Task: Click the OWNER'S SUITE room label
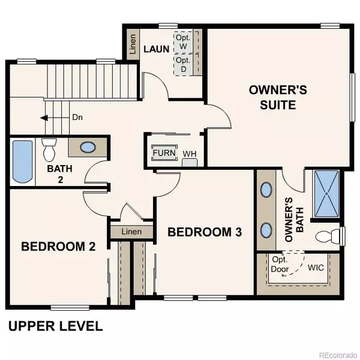[x=278, y=98]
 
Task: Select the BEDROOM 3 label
[x=205, y=232]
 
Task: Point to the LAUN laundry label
[x=156, y=43]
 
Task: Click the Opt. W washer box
[x=182, y=42]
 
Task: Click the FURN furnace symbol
[x=164, y=153]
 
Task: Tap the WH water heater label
[x=190, y=154]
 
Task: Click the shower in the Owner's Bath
[x=326, y=193]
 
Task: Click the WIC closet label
[x=316, y=267]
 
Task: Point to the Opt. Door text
[x=280, y=265]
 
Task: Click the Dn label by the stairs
[x=77, y=118]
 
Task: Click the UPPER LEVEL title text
[x=55, y=327]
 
